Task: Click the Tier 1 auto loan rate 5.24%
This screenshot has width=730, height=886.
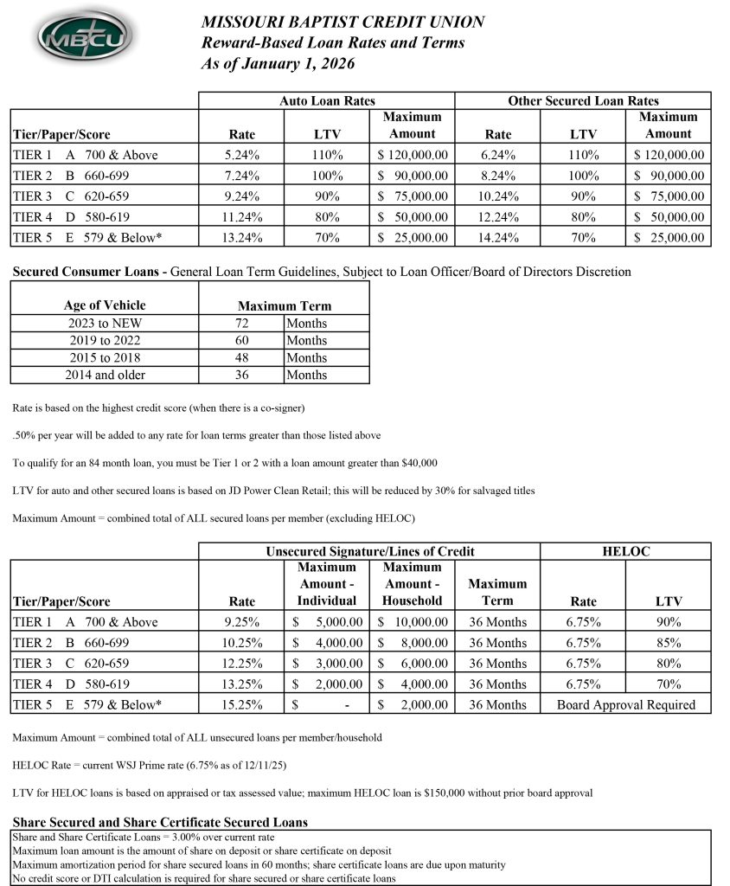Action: pyautogui.click(x=242, y=155)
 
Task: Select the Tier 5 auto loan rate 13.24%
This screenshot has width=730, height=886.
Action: pyautogui.click(x=242, y=237)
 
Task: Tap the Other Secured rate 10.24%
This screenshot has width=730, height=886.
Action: pyautogui.click(x=498, y=196)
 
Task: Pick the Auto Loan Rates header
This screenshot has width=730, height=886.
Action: pyautogui.click(x=327, y=101)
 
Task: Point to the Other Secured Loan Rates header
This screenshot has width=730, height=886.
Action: pyautogui.click(x=583, y=101)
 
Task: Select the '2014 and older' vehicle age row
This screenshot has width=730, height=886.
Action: pyautogui.click(x=105, y=375)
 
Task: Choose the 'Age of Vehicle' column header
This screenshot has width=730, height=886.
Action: pyautogui.click(x=105, y=305)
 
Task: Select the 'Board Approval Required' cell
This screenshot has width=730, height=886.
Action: pyautogui.click(x=625, y=704)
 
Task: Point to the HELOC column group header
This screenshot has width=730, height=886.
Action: pyautogui.click(x=625, y=551)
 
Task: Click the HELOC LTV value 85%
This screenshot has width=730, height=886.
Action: pyautogui.click(x=668, y=643)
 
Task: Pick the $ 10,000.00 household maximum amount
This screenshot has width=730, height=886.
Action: pyautogui.click(x=413, y=622)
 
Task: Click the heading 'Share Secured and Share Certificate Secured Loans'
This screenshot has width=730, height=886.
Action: pyautogui.click(x=160, y=822)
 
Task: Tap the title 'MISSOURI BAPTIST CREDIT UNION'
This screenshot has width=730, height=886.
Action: pyautogui.click(x=343, y=22)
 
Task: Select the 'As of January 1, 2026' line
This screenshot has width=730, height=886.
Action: pyautogui.click(x=278, y=63)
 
